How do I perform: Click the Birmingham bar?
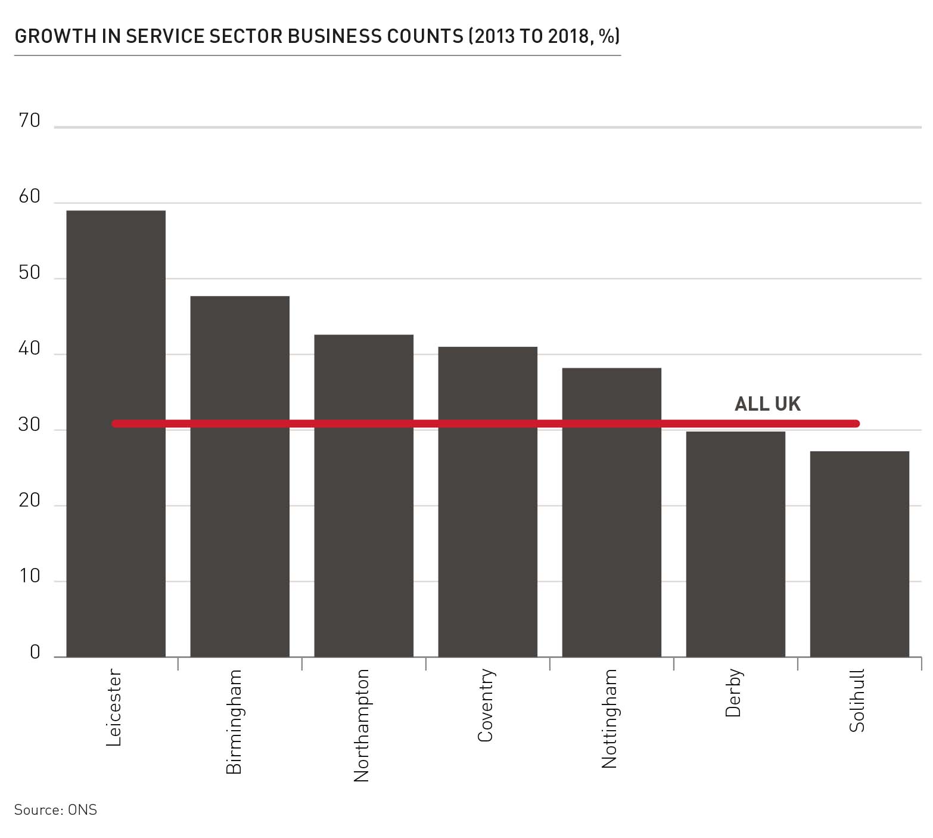240,476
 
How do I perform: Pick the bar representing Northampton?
363,495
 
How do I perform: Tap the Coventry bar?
487,501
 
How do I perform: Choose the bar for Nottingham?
611,512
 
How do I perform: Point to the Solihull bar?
859,554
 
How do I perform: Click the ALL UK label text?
767,404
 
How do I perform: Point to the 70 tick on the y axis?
29,121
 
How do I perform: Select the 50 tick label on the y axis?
29,273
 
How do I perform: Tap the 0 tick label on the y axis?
35,652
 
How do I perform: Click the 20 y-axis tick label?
29,501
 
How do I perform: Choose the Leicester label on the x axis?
114,707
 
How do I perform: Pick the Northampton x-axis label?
362,725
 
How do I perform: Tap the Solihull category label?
857,700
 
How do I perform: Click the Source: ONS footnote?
55,810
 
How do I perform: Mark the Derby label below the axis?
733,693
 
